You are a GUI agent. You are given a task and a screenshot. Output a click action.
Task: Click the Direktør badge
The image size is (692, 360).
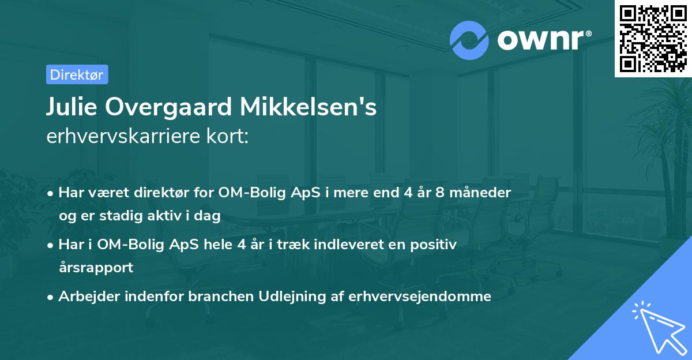[x=77, y=74]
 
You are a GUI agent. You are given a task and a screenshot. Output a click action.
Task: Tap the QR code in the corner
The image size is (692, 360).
[x=653, y=38]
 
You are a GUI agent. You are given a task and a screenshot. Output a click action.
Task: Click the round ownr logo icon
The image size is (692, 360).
[x=469, y=40]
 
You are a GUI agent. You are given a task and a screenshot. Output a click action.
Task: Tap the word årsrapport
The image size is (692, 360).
[x=96, y=268]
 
